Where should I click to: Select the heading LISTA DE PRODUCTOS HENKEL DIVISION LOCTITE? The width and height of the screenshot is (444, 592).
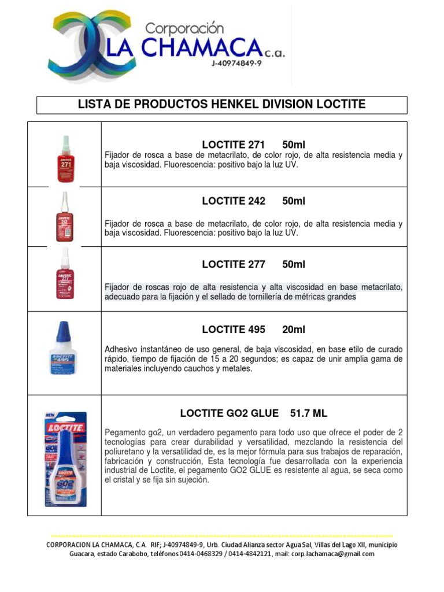click(222, 105)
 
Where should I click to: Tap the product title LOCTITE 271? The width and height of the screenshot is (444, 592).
click(233, 144)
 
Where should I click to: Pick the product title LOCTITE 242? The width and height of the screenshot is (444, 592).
click(234, 201)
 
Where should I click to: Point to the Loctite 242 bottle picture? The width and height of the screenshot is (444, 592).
click(65, 217)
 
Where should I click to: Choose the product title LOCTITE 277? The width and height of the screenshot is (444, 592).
click(234, 264)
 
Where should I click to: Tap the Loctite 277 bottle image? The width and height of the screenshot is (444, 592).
click(65, 275)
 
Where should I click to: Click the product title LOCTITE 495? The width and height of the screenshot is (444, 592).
click(234, 330)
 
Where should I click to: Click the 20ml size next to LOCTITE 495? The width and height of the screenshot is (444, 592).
click(294, 330)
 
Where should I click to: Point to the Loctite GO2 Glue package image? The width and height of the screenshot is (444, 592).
click(64, 456)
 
